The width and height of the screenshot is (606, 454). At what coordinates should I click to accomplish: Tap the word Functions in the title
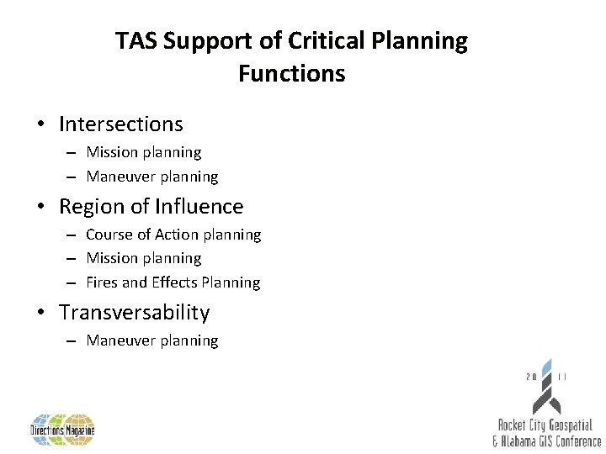tap(291, 74)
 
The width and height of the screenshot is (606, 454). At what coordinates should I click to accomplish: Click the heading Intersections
tap(120, 124)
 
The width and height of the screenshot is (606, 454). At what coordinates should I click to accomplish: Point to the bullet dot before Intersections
tap(40, 124)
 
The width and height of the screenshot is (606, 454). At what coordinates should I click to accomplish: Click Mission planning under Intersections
tap(144, 153)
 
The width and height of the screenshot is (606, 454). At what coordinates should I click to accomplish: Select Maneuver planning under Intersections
tap(152, 177)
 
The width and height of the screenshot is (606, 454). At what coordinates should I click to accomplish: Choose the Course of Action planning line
tap(173, 235)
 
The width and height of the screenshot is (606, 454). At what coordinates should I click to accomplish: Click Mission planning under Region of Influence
tap(144, 258)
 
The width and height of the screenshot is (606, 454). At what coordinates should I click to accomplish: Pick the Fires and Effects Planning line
tap(173, 282)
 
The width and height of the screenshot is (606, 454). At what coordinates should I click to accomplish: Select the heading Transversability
tap(134, 313)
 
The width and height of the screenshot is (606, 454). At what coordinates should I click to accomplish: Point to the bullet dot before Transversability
tap(40, 313)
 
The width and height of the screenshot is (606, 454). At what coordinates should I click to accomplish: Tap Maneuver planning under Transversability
tap(152, 340)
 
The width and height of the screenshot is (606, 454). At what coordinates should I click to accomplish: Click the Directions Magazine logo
tap(63, 429)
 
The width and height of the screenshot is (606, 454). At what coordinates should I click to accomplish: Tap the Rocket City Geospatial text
tap(545, 425)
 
